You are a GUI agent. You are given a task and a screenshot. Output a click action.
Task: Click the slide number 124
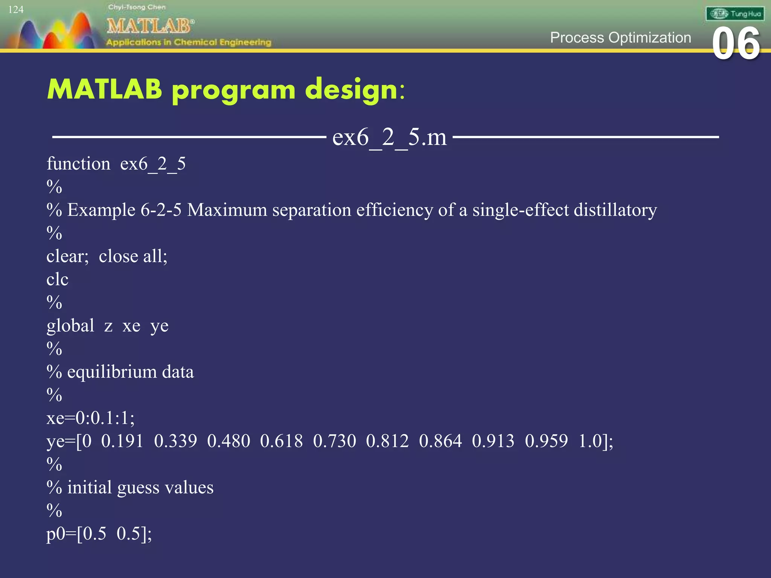[x=16, y=10]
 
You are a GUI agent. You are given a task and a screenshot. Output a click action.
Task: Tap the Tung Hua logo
[x=734, y=14]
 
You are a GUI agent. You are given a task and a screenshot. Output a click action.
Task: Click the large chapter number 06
[x=736, y=44]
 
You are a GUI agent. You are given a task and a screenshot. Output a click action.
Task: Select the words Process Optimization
[x=620, y=38]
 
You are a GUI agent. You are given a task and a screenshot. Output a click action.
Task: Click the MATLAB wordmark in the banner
[x=150, y=26]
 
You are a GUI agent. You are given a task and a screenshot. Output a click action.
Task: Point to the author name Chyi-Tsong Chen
[x=137, y=7]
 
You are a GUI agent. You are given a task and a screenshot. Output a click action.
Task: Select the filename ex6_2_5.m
[x=389, y=137]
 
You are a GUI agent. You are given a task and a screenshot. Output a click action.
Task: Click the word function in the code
[x=78, y=164]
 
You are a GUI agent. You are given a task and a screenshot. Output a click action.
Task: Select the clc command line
[x=57, y=280]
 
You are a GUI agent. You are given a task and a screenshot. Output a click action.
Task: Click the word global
[x=70, y=326]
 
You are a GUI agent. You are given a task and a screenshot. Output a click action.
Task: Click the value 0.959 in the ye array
[x=546, y=441]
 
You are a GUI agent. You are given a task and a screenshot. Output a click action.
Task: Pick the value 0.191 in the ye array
[x=122, y=441]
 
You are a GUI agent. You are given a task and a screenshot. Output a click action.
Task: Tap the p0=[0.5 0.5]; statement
[x=99, y=534]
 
